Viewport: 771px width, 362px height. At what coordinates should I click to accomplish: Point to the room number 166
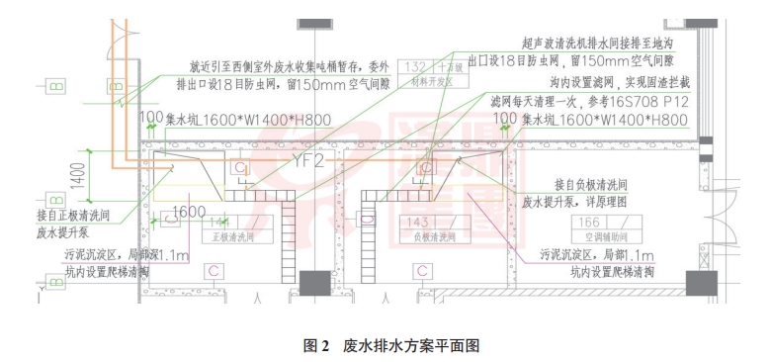pos(589,222)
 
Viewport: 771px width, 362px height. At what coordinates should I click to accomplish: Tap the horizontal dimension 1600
pos(189,211)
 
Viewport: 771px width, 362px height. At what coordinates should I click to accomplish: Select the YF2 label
pos(307,155)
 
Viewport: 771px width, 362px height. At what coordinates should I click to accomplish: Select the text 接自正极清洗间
pos(74,216)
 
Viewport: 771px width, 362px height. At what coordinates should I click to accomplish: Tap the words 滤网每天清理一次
pos(538,101)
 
